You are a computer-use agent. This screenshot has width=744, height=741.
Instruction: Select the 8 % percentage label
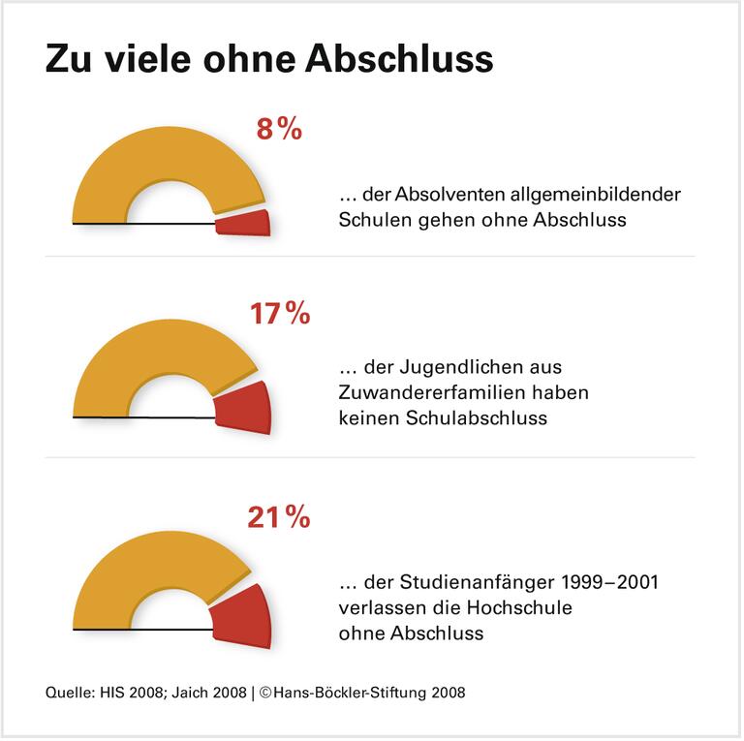coord(279,130)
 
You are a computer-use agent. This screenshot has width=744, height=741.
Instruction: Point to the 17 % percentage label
coord(279,314)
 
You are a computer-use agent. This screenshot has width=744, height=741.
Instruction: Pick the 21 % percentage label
coord(279,518)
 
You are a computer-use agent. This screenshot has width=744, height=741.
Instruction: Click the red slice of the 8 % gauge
coord(243,222)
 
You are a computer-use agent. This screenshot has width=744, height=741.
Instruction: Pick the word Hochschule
coord(521,608)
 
